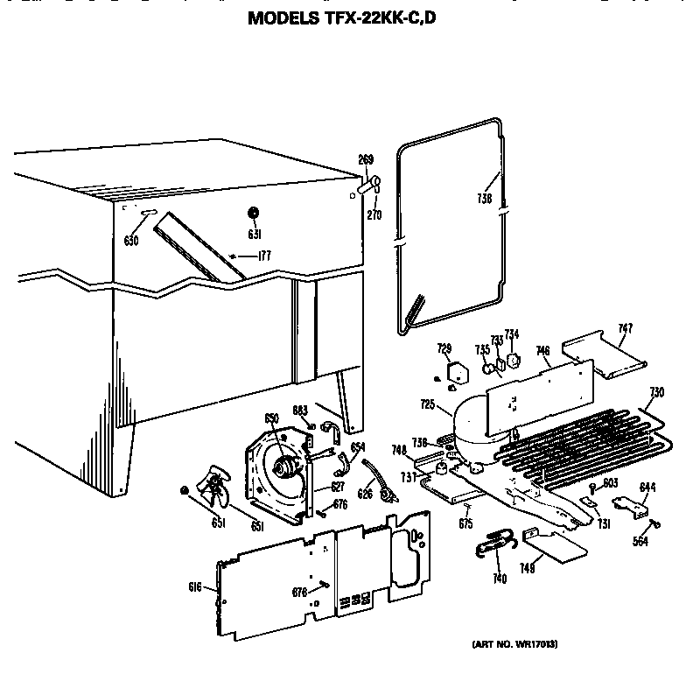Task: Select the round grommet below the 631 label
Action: click(x=253, y=213)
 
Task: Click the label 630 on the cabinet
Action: click(x=131, y=241)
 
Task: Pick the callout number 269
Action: click(x=366, y=159)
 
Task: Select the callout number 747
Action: click(x=624, y=328)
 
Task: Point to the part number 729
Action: click(x=444, y=350)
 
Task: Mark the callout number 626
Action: click(x=365, y=495)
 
